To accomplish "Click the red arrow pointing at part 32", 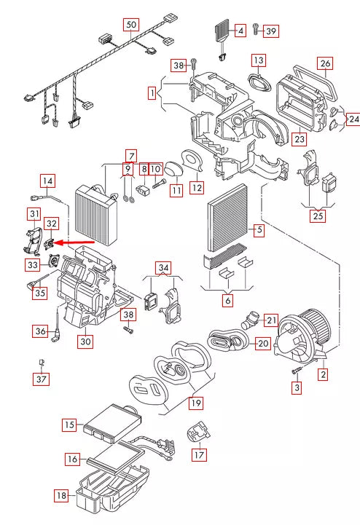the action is (74, 242).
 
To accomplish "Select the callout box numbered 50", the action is (131, 25).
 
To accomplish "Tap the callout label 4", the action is (240, 31).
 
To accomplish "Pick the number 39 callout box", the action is (271, 31).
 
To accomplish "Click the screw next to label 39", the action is (256, 29).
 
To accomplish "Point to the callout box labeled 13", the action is (259, 60).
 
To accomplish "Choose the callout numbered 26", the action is (325, 63).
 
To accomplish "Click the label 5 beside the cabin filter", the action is (259, 230).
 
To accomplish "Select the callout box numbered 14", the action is (48, 181).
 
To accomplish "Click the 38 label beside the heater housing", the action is (128, 315).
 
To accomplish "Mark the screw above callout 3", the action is (297, 370).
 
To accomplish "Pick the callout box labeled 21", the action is (271, 320).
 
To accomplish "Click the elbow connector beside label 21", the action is (250, 320).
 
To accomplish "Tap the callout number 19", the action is (196, 403).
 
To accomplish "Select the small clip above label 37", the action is (42, 363).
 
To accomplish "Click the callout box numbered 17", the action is (199, 454).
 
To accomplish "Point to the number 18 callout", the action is (62, 496).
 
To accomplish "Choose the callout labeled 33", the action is (33, 265).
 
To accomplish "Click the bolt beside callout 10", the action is (159, 183).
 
